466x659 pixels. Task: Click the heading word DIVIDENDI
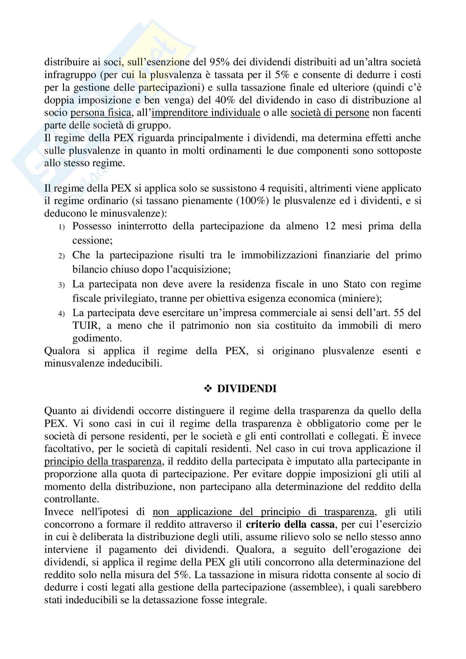(247, 389)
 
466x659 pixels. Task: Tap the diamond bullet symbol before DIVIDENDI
(208, 389)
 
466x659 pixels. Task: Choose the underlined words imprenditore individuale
(206, 112)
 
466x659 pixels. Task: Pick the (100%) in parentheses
(252, 201)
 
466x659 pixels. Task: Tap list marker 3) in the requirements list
(61, 285)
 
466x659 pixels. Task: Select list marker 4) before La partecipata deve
(61, 314)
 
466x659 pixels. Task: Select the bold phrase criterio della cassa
(290, 525)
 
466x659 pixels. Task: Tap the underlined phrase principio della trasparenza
(103, 461)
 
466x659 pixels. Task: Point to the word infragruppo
(70, 75)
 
